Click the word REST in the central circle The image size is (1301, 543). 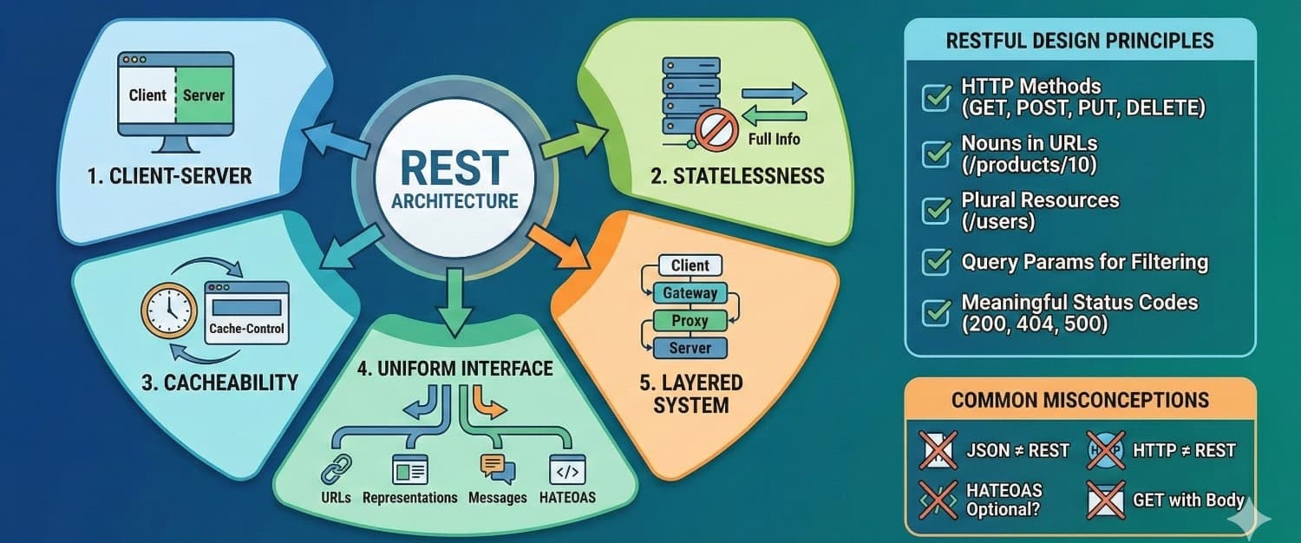[454, 168]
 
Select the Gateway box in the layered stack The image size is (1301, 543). [690, 292]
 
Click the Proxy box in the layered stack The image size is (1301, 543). [690, 320]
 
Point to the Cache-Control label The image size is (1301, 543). [247, 330]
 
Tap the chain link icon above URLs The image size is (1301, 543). [336, 468]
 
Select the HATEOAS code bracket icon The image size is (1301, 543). [568, 469]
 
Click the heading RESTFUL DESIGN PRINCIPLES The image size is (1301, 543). [1079, 41]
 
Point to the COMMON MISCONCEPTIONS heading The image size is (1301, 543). [1080, 400]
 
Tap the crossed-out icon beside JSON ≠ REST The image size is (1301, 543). [938, 449]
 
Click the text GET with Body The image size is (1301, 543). [1188, 500]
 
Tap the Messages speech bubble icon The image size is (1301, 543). [497, 468]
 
